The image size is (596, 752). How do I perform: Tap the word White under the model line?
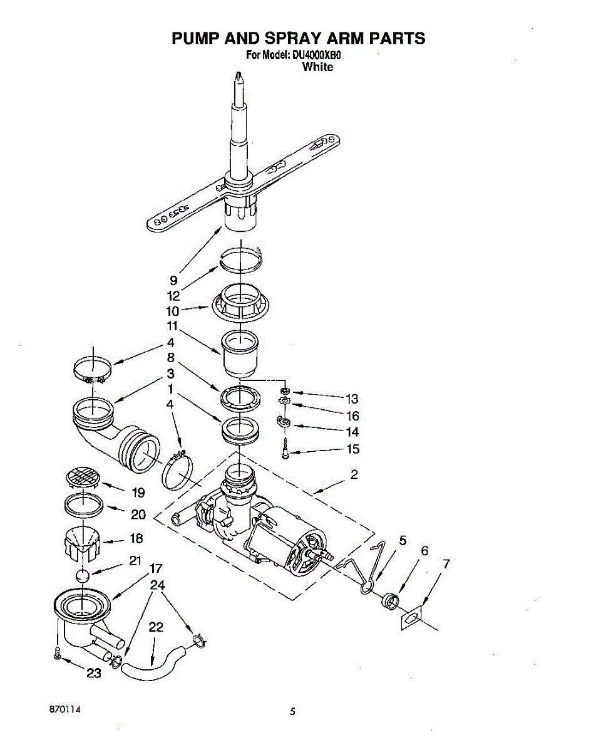pos(318,66)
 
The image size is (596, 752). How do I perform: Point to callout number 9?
pos(173,280)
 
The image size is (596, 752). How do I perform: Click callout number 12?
pos(173,296)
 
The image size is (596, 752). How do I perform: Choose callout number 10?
pos(173,311)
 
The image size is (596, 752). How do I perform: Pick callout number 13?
pos(352,399)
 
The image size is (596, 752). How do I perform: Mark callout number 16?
pos(352,416)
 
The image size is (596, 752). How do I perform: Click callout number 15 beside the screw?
pos(353,449)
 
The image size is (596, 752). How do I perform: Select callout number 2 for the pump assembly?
pos(354,474)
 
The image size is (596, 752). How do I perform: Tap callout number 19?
pos(138,493)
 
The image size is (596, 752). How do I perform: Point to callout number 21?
pos(135,561)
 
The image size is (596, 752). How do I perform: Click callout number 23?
pos(93,673)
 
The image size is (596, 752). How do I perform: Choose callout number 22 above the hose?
pos(156,627)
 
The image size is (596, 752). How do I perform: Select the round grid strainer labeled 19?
pos(83,478)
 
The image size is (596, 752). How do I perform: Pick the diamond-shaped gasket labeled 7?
pos(412,618)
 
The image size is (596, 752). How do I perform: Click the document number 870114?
pos(65,710)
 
